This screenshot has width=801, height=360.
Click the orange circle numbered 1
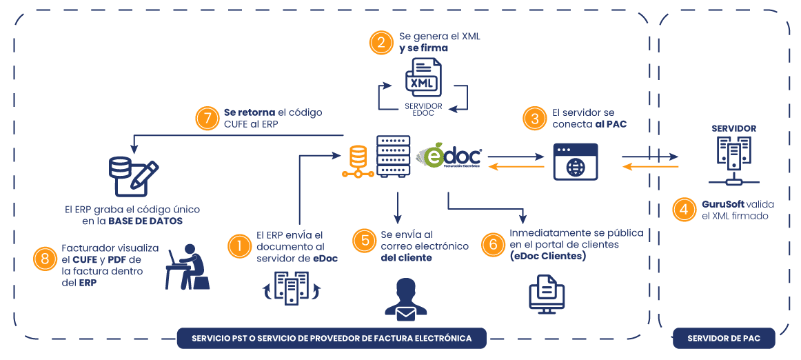click(x=239, y=246)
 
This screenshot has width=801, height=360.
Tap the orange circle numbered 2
click(x=381, y=43)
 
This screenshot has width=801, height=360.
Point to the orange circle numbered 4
click(x=684, y=210)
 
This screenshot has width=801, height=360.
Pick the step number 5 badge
click(x=365, y=241)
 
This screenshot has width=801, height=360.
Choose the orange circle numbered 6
click(x=493, y=244)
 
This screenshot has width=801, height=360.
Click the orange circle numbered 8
click(x=45, y=259)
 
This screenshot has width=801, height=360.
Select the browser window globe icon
click(x=575, y=161)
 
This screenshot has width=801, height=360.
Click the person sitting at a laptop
click(x=187, y=267)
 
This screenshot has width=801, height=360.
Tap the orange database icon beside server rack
click(x=358, y=161)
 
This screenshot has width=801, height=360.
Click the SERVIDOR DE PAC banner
click(x=724, y=339)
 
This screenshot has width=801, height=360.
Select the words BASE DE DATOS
click(x=145, y=221)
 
